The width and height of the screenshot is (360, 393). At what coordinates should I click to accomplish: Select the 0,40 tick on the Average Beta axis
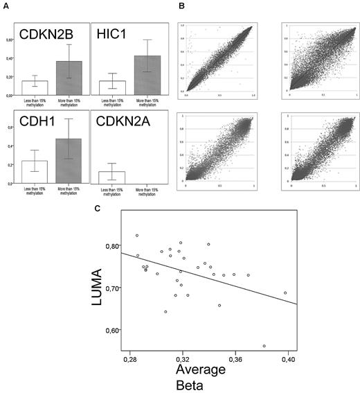(x=288, y=361)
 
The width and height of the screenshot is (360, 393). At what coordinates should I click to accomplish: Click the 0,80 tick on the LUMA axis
(x=108, y=246)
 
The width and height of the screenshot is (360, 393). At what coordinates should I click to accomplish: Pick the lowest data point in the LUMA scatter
(x=264, y=346)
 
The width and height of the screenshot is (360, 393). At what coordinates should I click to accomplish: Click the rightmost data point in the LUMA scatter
(x=285, y=292)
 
